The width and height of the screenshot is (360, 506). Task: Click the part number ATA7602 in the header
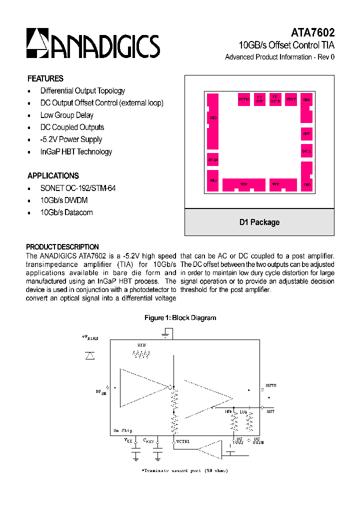[x=312, y=32]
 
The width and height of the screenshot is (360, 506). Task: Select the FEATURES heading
[x=45, y=78]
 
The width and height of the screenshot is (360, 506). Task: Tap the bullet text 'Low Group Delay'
[x=67, y=115]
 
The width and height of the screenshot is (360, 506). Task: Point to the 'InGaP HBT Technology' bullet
[x=76, y=151]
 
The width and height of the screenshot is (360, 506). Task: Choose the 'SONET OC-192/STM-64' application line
[x=78, y=188]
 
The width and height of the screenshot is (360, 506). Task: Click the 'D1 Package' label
[x=259, y=222]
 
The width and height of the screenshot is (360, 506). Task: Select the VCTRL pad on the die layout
[x=243, y=99]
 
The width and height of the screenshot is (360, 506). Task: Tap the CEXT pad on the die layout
[x=291, y=99]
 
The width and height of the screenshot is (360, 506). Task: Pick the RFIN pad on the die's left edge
[x=213, y=159]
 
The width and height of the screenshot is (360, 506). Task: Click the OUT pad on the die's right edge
[x=306, y=134]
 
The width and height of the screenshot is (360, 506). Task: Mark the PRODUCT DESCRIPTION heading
[x=62, y=247]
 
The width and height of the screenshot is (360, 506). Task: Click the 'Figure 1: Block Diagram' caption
[x=180, y=317]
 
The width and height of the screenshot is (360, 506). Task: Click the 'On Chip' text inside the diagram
[x=122, y=430]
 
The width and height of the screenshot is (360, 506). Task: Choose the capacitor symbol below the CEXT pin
[x=157, y=454]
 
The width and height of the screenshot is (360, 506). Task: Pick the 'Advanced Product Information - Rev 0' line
[x=279, y=57]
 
